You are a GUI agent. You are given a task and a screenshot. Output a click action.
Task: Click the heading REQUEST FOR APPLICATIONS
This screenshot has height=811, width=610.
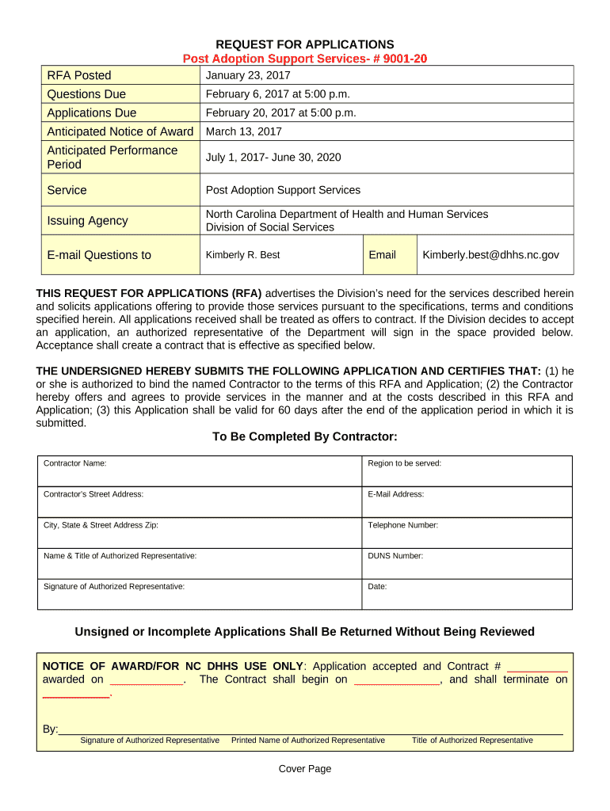pyautogui.click(x=305, y=44)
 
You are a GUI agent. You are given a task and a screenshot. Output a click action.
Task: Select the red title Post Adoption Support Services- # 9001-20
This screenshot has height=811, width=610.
pyautogui.click(x=305, y=59)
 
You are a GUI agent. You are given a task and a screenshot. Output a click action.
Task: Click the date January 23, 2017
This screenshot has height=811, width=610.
pyautogui.click(x=248, y=75)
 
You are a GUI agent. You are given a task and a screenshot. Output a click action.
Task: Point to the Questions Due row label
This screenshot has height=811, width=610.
pyautogui.click(x=86, y=94)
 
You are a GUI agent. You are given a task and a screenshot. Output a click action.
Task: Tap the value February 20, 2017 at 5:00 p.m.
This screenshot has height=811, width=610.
pyautogui.click(x=280, y=112)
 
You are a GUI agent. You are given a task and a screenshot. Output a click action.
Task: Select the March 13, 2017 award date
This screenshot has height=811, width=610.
pyautogui.click(x=243, y=131)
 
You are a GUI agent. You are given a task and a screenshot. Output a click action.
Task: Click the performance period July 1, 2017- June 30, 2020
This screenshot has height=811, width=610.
pyautogui.click(x=273, y=157)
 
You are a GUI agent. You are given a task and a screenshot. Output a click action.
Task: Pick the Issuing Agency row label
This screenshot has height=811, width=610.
pyautogui.click(x=87, y=221)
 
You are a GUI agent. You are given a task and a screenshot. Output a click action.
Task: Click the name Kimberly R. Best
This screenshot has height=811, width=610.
pyautogui.click(x=242, y=255)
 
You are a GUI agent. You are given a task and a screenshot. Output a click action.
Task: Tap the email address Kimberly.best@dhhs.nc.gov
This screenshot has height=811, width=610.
pyautogui.click(x=490, y=255)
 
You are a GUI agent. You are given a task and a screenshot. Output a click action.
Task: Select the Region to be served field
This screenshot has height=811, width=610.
pyautogui.click(x=467, y=471)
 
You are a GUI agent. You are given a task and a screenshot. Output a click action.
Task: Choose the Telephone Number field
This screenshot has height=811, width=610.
pyautogui.click(x=467, y=533)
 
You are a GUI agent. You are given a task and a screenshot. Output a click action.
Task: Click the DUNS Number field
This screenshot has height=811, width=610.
pyautogui.click(x=467, y=564)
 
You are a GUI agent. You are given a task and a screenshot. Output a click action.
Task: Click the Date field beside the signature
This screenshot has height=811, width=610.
pyautogui.click(x=467, y=595)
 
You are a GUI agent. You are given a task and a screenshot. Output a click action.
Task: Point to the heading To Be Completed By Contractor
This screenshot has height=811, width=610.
pyautogui.click(x=305, y=438)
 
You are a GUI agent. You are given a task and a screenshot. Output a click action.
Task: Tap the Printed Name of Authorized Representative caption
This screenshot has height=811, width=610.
pyautogui.click(x=307, y=741)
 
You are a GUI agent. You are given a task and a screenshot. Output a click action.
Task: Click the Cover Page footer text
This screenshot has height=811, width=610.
pyautogui.click(x=305, y=769)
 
